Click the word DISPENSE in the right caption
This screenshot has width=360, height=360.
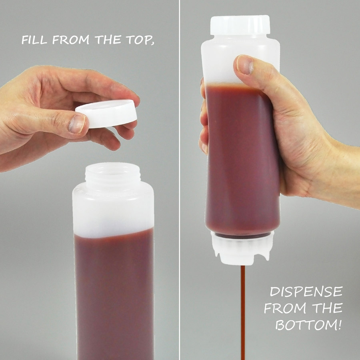click(x=306, y=292)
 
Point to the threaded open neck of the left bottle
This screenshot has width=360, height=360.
click(x=113, y=174)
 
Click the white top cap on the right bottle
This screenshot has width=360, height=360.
click(x=240, y=25)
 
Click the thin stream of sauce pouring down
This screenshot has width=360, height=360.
click(x=242, y=312)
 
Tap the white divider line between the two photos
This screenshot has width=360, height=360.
click(x=180, y=180)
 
